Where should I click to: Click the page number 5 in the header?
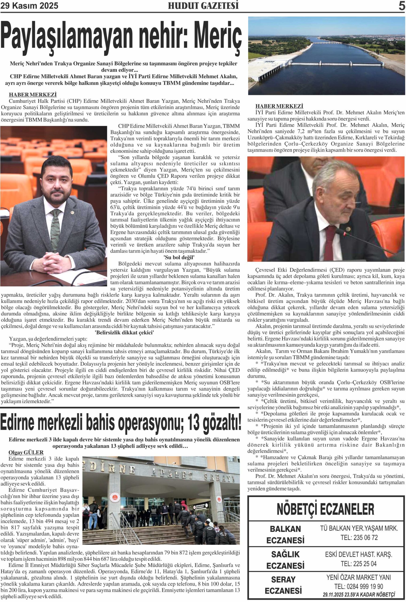(x=401, y=5)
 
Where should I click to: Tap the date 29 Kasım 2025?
(x=29, y=6)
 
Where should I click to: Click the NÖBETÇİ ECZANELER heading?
(x=325, y=509)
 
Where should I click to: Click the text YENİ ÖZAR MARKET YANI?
(x=358, y=577)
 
